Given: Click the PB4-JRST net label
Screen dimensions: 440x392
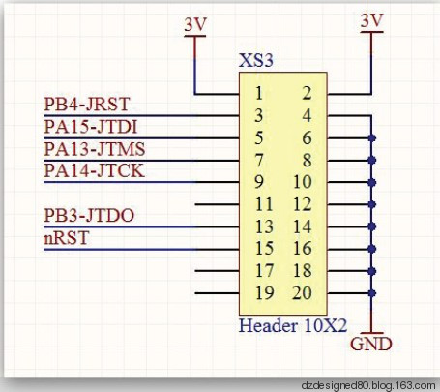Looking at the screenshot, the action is pyautogui.click(x=86, y=105).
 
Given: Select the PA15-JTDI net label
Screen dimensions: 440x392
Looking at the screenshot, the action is pyautogui.click(x=91, y=127).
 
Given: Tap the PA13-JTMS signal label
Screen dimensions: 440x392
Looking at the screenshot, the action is pyautogui.click(x=95, y=149).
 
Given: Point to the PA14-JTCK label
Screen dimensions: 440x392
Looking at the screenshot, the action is pyautogui.click(x=94, y=170).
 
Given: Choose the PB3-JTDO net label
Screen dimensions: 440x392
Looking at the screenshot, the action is pyautogui.click(x=89, y=215).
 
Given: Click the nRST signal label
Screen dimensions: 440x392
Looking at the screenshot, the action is pyautogui.click(x=66, y=238).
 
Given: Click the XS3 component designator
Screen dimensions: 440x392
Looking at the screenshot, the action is pyautogui.click(x=256, y=60).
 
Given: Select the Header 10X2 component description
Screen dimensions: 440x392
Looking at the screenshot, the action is pyautogui.click(x=293, y=325).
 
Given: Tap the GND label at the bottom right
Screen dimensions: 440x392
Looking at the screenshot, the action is pyautogui.click(x=371, y=344).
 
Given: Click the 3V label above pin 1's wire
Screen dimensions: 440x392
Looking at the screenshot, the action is pyautogui.click(x=195, y=24).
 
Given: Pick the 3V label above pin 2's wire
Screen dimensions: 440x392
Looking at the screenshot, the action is pyautogui.click(x=371, y=20).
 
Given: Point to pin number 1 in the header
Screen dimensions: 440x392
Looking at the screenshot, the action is pyautogui.click(x=259, y=93).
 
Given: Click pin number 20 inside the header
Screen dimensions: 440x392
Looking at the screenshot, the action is pyautogui.click(x=302, y=293).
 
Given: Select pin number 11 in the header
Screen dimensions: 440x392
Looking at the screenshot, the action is pyautogui.click(x=264, y=204).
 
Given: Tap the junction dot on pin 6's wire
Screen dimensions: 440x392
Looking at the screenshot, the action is pyautogui.click(x=371, y=138).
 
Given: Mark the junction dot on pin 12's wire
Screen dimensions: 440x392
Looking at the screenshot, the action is pyautogui.click(x=371, y=204).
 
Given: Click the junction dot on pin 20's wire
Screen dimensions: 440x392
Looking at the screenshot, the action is pyautogui.click(x=371, y=293).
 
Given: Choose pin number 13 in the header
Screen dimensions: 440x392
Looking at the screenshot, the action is pyautogui.click(x=264, y=226).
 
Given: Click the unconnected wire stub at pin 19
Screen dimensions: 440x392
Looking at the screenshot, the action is pyautogui.click(x=217, y=293).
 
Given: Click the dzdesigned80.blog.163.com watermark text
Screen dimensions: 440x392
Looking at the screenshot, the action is pyautogui.click(x=368, y=385).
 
